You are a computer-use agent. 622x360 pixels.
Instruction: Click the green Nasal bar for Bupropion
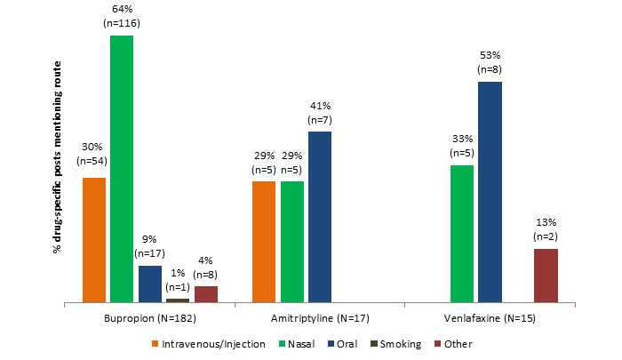coord(122,169)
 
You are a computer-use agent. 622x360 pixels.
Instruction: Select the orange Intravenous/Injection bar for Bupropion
coord(93,240)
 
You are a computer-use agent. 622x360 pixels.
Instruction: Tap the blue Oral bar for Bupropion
coord(150,284)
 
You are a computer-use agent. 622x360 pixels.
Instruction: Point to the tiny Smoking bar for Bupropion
coord(178,300)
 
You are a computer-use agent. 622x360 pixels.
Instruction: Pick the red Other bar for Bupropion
coord(206,294)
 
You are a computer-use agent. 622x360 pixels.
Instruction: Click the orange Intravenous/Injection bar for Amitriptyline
coord(264,242)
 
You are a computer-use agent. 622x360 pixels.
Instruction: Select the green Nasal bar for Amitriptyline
coord(292,242)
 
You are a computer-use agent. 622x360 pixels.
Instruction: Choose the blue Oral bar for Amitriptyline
coord(320,217)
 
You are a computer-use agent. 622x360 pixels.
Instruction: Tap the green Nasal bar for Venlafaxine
coord(462,234)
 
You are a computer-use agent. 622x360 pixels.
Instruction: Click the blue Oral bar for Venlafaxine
coord(490,192)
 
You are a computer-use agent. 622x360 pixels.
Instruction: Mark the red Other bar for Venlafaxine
coord(546,276)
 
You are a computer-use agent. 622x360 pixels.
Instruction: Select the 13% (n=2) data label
coord(546,229)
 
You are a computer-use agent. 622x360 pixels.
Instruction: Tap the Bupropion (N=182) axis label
coord(149,317)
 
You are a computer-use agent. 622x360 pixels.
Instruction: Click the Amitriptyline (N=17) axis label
coord(320,317)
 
